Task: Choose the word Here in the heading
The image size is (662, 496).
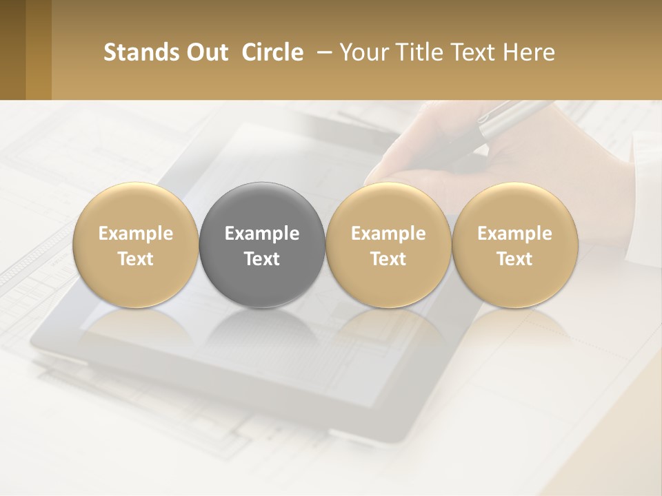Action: (529, 52)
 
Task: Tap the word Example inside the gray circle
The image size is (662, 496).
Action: (262, 234)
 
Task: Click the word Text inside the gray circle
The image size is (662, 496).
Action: (262, 259)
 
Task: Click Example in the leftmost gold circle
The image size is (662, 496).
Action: (135, 234)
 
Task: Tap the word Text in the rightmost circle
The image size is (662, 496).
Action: (514, 259)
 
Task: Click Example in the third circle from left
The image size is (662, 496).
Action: (388, 234)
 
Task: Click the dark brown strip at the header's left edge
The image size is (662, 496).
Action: (12, 50)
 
